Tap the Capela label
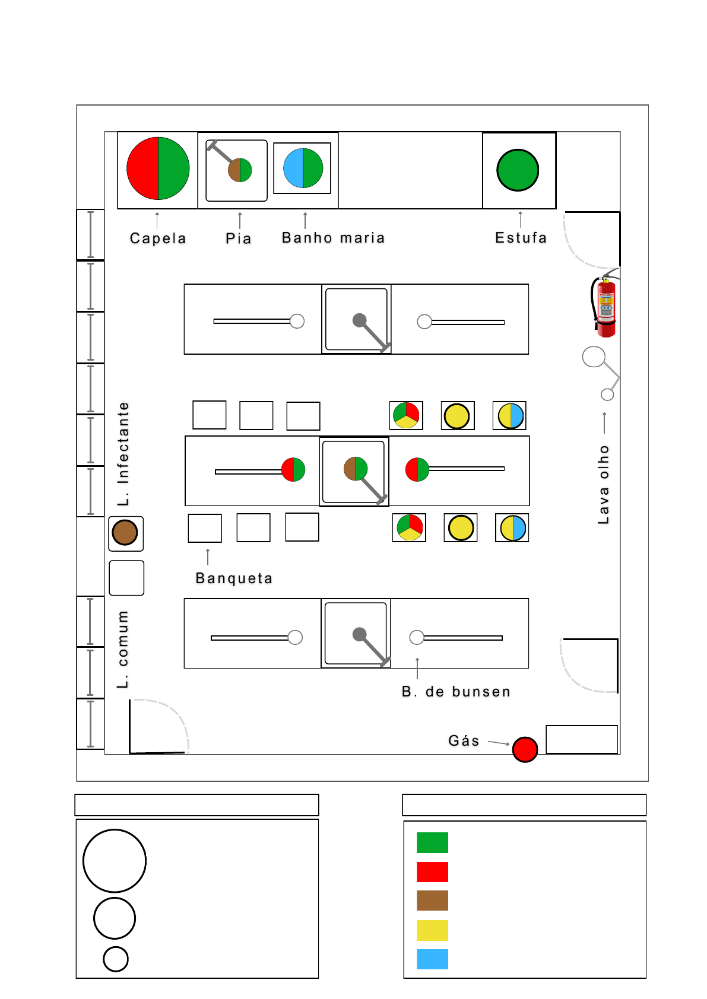[158, 238]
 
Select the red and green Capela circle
[158, 168]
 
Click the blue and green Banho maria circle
[303, 168]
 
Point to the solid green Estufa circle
[518, 170]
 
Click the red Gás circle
[525, 749]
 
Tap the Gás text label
[464, 740]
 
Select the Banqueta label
[234, 578]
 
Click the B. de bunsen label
[456, 692]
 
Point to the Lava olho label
[604, 485]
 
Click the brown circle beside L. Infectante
[125, 533]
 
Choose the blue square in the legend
[432, 959]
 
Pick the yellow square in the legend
[432, 930]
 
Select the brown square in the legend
[432, 901]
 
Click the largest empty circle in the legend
[115, 861]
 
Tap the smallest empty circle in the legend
[116, 959]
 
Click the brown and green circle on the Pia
[240, 170]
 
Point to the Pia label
[239, 238]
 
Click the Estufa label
[521, 238]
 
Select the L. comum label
[123, 650]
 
